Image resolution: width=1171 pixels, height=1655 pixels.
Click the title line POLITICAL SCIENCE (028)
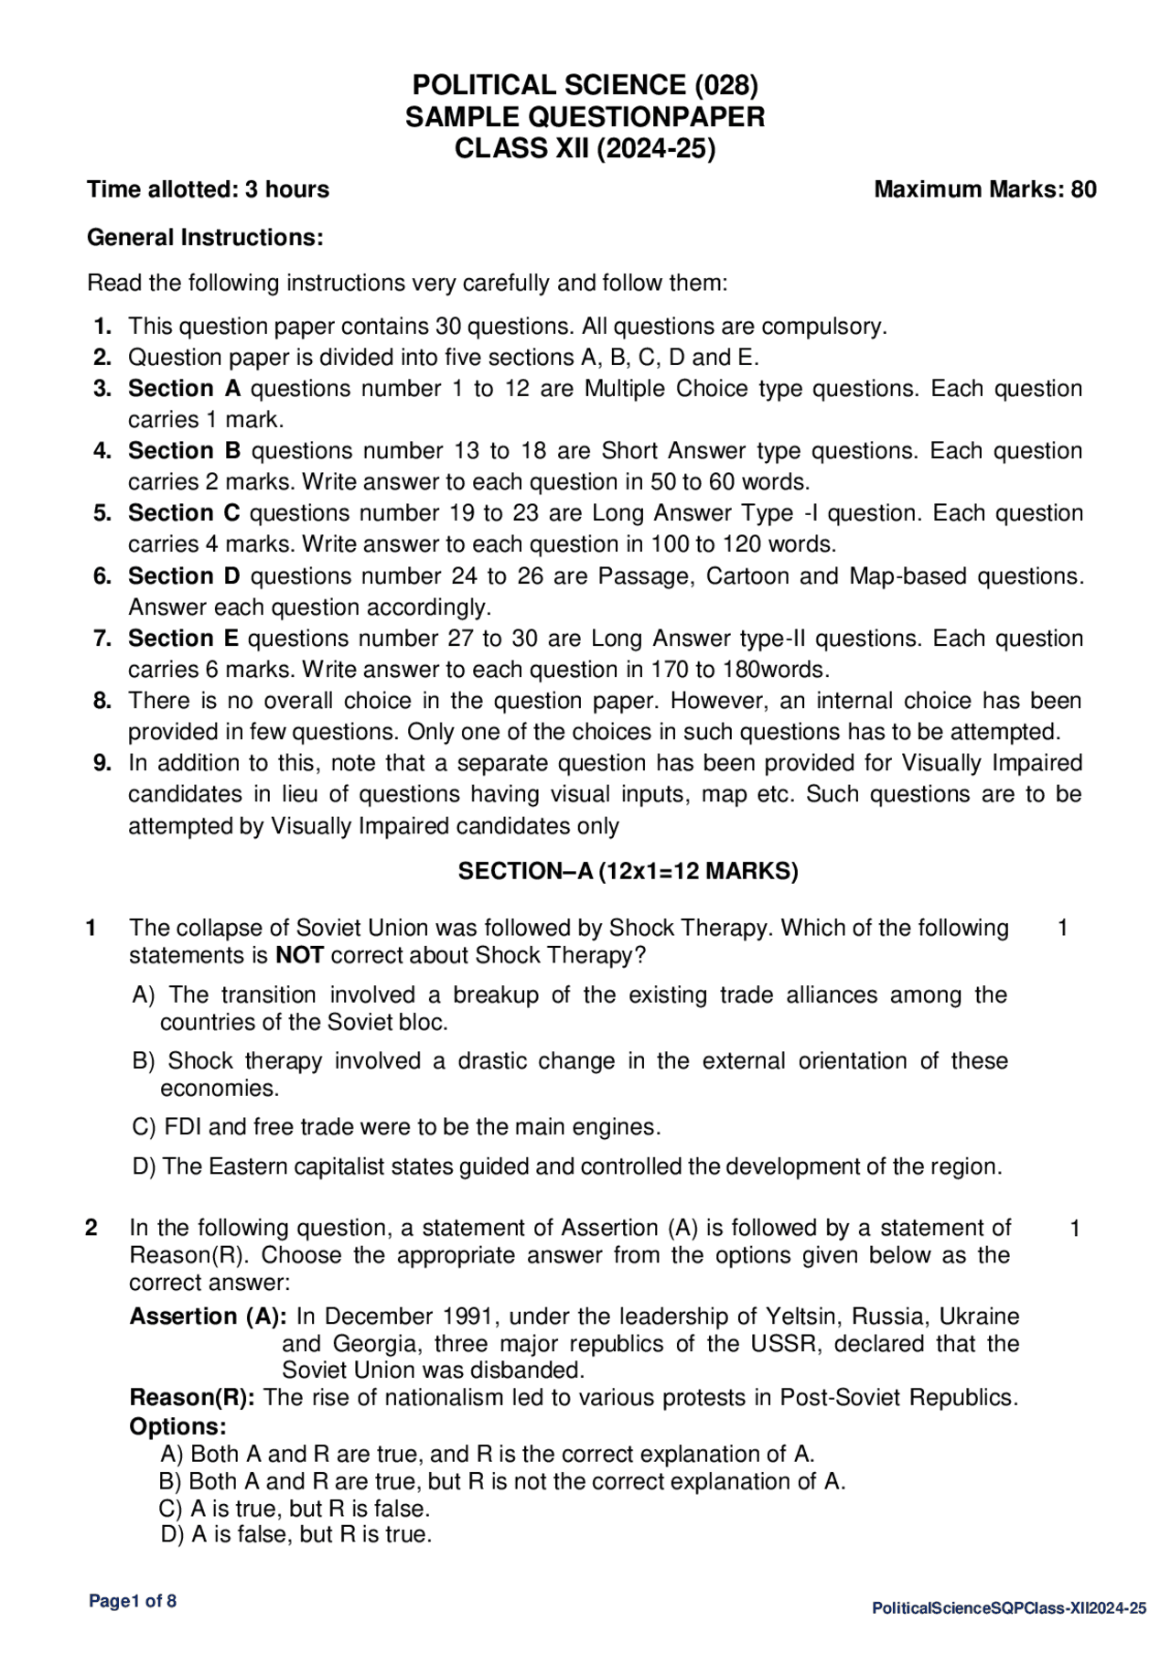(585, 85)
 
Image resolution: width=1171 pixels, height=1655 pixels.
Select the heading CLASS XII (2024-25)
(585, 148)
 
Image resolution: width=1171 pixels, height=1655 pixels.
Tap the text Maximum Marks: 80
(984, 189)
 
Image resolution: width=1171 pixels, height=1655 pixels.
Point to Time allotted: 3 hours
(208, 189)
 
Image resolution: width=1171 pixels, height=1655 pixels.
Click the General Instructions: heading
(205, 238)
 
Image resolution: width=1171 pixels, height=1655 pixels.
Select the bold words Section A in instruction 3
(184, 389)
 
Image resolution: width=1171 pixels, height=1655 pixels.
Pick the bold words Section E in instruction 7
(183, 639)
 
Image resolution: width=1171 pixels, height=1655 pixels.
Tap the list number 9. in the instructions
(102, 763)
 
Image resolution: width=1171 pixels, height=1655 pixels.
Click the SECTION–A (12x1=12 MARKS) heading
(628, 871)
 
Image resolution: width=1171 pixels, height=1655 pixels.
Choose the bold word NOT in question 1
(299, 956)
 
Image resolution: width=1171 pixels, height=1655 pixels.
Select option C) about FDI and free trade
(396, 1127)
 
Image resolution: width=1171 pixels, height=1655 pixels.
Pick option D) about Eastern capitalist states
(567, 1167)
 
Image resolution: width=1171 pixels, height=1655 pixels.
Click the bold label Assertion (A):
(209, 1316)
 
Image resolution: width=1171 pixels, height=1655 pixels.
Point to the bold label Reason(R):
(192, 1398)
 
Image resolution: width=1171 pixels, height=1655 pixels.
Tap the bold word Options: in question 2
(177, 1427)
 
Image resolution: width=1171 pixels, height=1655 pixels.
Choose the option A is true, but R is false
(295, 1509)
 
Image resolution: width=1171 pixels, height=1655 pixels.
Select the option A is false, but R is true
(295, 1534)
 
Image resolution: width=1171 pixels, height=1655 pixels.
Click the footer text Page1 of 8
(133, 1601)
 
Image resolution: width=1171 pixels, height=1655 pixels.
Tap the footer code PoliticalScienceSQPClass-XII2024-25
(1008, 1608)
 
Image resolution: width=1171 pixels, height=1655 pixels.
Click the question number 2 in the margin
(91, 1228)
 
